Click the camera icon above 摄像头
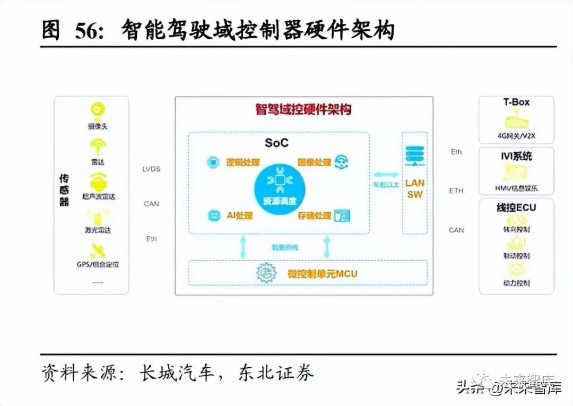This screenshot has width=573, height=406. pyautogui.click(x=97, y=110)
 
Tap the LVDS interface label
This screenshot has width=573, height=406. pyautogui.click(x=151, y=169)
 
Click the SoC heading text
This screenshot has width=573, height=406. pyautogui.click(x=277, y=143)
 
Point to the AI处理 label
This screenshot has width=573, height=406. pyautogui.click(x=239, y=216)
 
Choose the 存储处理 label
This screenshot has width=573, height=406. pyautogui.click(x=315, y=216)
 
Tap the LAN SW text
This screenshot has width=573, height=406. pyautogui.click(x=415, y=188)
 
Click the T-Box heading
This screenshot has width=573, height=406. pyautogui.click(x=516, y=102)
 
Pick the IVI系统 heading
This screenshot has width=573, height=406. pyautogui.click(x=516, y=156)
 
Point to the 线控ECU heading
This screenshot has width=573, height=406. pyautogui.click(x=516, y=207)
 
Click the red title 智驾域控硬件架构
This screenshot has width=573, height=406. pyautogui.click(x=303, y=110)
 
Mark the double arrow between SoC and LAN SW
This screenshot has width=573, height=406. pyautogui.click(x=386, y=174)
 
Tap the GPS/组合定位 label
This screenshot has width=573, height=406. pyautogui.click(x=98, y=264)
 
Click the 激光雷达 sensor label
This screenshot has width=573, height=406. pyautogui.click(x=97, y=230)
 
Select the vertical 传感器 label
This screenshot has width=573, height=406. pyautogui.click(x=64, y=189)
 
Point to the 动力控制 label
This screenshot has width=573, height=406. pyautogui.click(x=516, y=283)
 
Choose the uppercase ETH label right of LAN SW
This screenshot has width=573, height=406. pyautogui.click(x=456, y=191)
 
